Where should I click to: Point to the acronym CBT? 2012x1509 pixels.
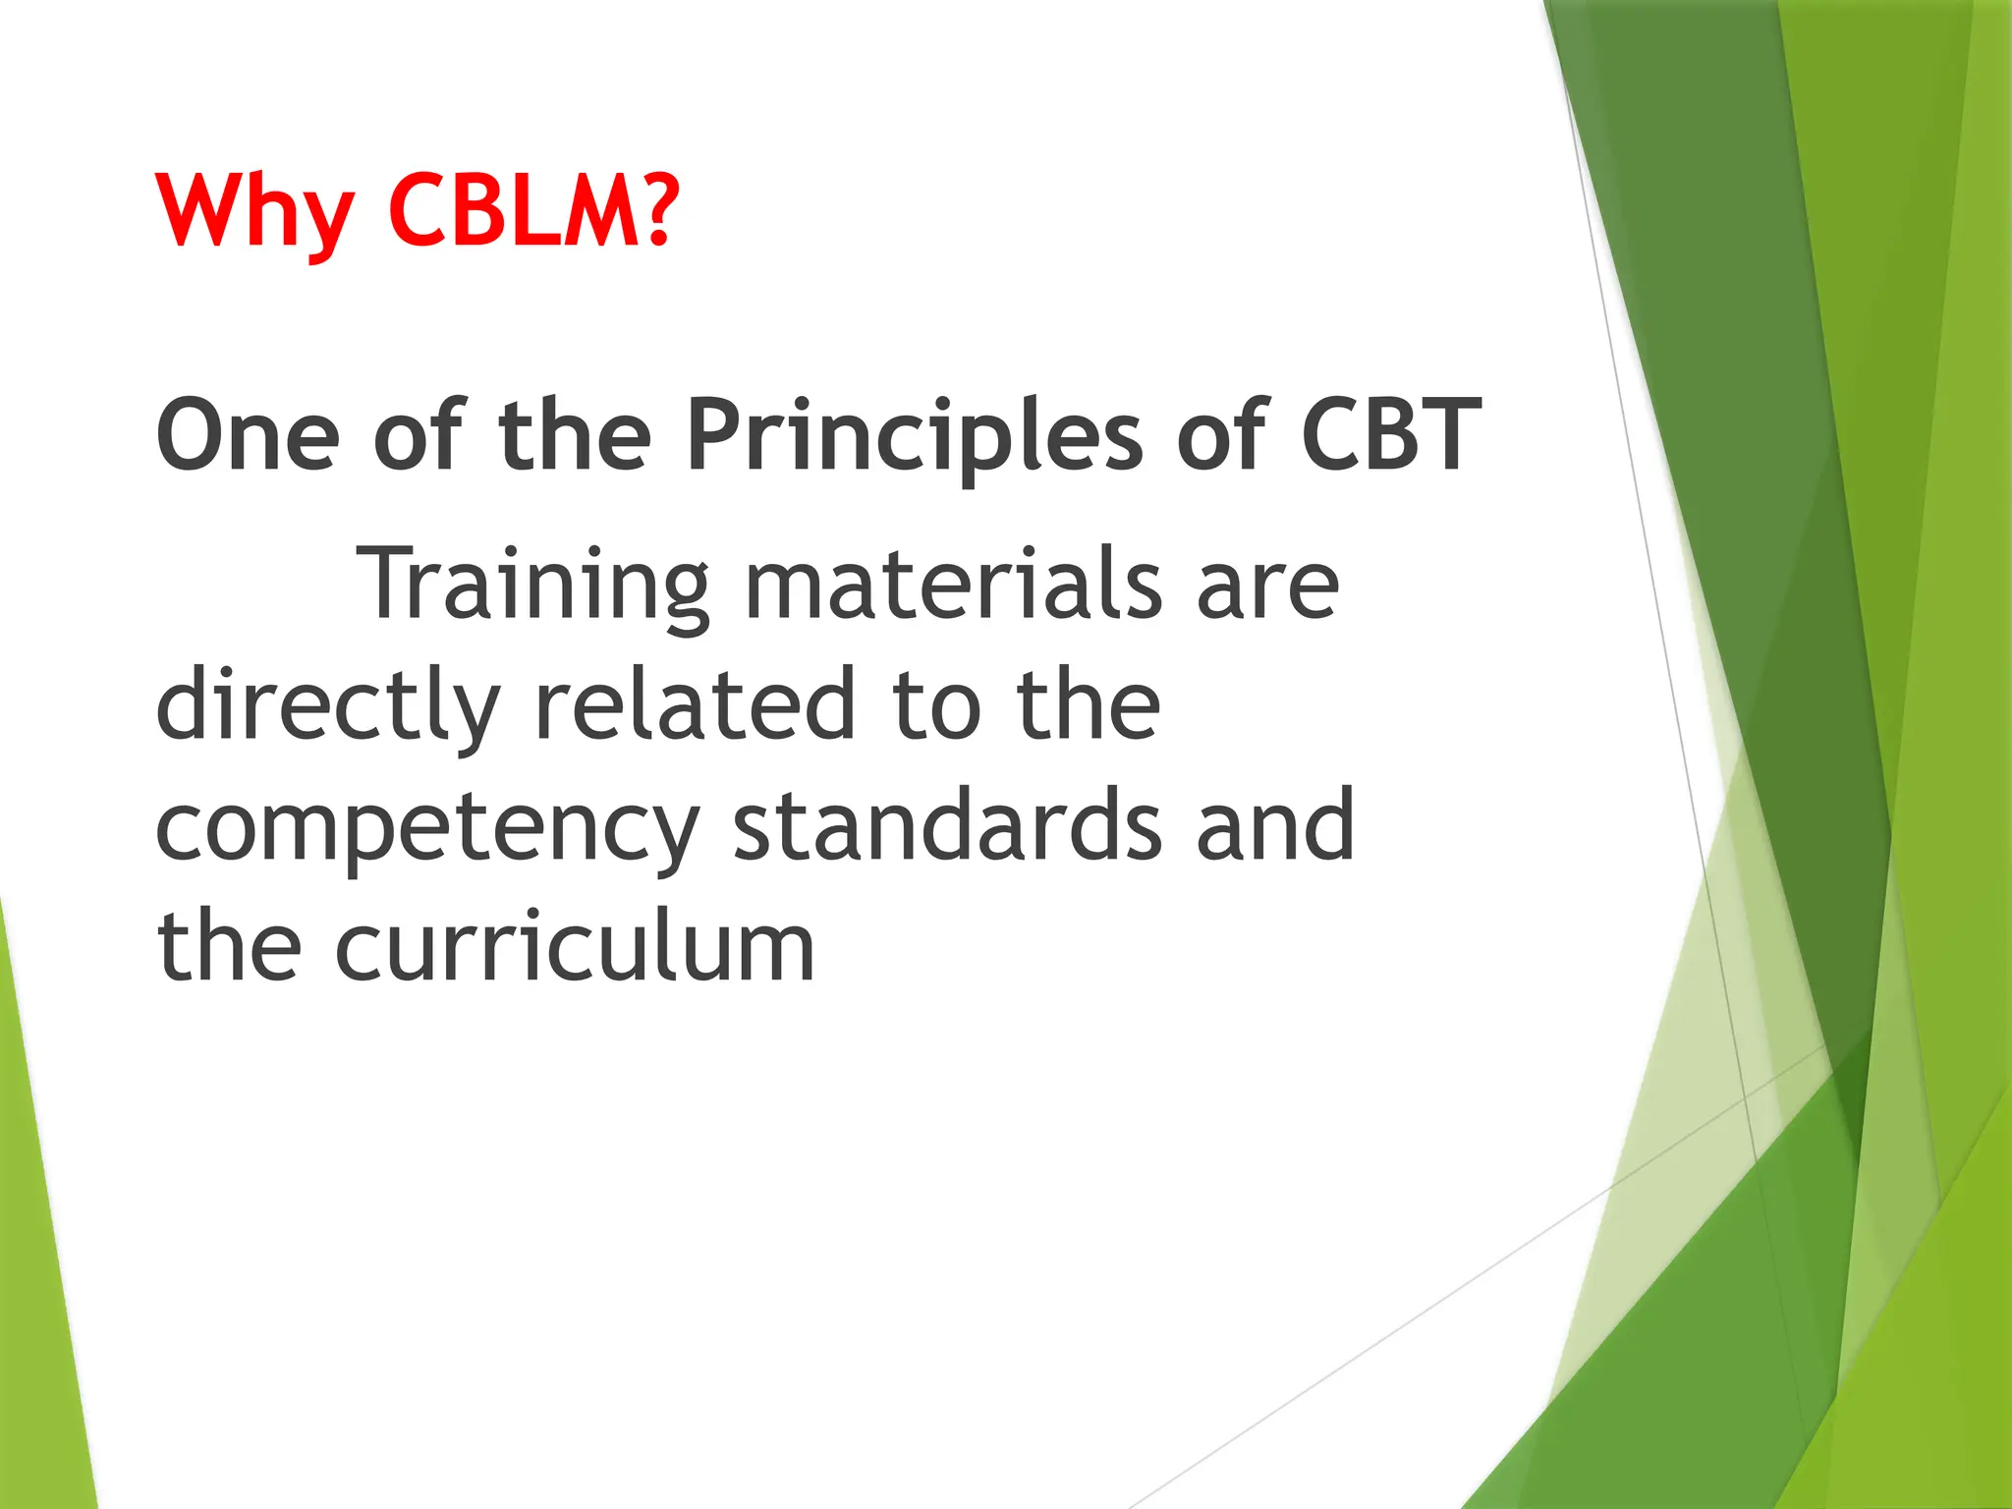1390,435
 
